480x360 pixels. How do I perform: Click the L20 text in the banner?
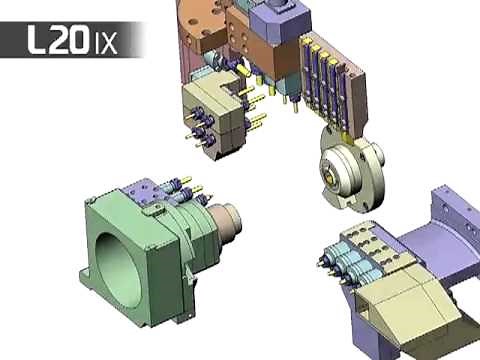[59, 40]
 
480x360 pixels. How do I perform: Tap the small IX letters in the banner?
[106, 44]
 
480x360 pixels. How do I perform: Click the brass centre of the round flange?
[329, 177]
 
